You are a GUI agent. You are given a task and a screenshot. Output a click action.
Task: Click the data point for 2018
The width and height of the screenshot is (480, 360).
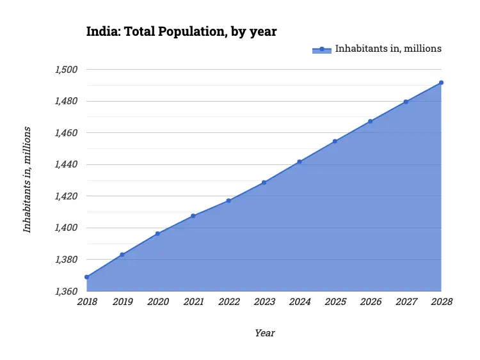pos(86,277)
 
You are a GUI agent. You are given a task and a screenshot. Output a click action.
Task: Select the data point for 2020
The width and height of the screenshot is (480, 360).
pos(157,233)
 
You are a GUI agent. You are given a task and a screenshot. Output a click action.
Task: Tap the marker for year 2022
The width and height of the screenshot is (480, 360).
pos(228,201)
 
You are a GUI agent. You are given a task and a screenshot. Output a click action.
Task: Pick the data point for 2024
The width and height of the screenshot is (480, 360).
pos(300,162)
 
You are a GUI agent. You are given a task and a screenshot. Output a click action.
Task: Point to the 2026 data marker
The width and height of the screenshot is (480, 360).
pos(371,121)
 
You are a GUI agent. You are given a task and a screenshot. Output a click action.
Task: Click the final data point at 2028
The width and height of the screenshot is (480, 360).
pos(441,82)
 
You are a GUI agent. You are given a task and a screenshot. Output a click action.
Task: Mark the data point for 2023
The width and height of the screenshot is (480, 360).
pos(264,182)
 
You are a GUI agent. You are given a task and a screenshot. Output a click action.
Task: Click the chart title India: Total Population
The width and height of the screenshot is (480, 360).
pos(181,31)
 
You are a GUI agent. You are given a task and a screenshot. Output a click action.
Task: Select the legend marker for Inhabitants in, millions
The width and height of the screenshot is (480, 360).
pos(322,49)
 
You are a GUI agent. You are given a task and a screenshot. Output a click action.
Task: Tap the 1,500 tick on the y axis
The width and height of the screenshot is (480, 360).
pos(65,69)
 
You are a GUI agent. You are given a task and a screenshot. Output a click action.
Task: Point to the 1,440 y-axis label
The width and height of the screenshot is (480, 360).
pos(65,164)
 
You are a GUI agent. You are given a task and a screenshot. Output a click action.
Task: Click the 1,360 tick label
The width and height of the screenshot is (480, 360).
pos(65,292)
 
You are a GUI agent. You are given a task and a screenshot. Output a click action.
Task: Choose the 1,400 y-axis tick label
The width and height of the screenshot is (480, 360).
pos(65,228)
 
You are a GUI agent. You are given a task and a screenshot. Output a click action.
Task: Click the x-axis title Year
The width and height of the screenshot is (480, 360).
pos(264,333)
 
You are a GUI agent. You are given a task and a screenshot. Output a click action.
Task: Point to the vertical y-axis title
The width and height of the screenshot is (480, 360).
pos(27,179)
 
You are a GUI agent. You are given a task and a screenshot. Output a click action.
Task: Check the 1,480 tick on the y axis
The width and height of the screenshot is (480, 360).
pos(65,101)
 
